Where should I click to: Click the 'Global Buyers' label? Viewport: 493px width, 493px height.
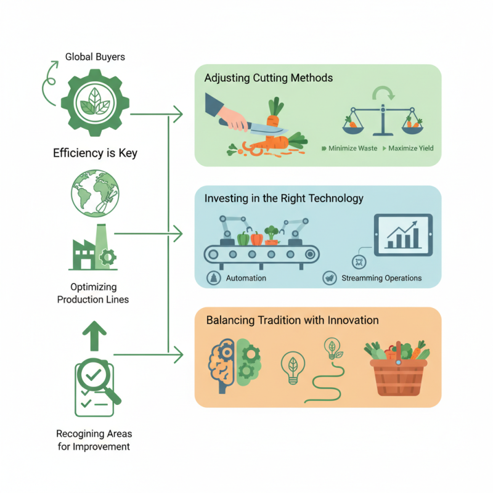click(x=95, y=57)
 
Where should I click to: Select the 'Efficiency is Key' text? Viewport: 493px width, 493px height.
click(x=95, y=153)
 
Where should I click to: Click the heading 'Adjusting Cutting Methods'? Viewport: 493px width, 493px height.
click(x=269, y=78)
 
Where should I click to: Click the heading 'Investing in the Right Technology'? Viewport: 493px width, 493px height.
click(x=284, y=198)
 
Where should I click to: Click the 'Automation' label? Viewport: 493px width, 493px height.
click(x=246, y=278)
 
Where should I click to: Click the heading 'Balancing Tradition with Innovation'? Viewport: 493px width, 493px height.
click(x=292, y=320)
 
